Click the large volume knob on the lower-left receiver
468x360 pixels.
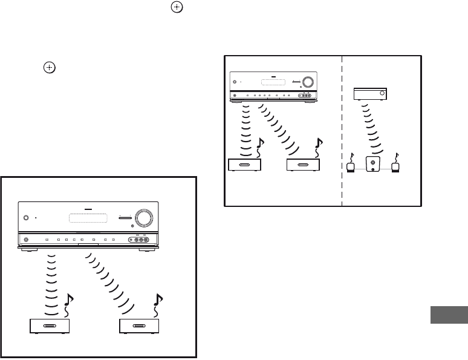[145, 217]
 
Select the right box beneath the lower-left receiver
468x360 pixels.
[138, 326]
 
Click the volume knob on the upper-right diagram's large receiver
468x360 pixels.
[307, 82]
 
